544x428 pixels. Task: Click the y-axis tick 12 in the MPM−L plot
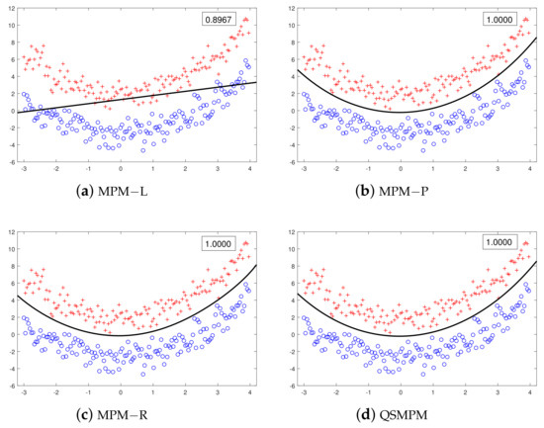tap(9, 9)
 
